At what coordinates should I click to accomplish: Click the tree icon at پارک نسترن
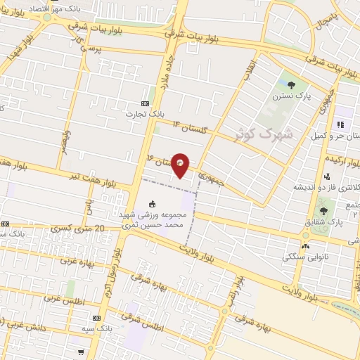pos(291,85)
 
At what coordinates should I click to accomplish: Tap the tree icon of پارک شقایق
pos(323,210)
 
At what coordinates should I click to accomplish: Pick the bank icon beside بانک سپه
pos(96,319)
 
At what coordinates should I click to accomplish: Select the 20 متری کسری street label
pos(79,229)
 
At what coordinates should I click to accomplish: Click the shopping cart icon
pos(82,352)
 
